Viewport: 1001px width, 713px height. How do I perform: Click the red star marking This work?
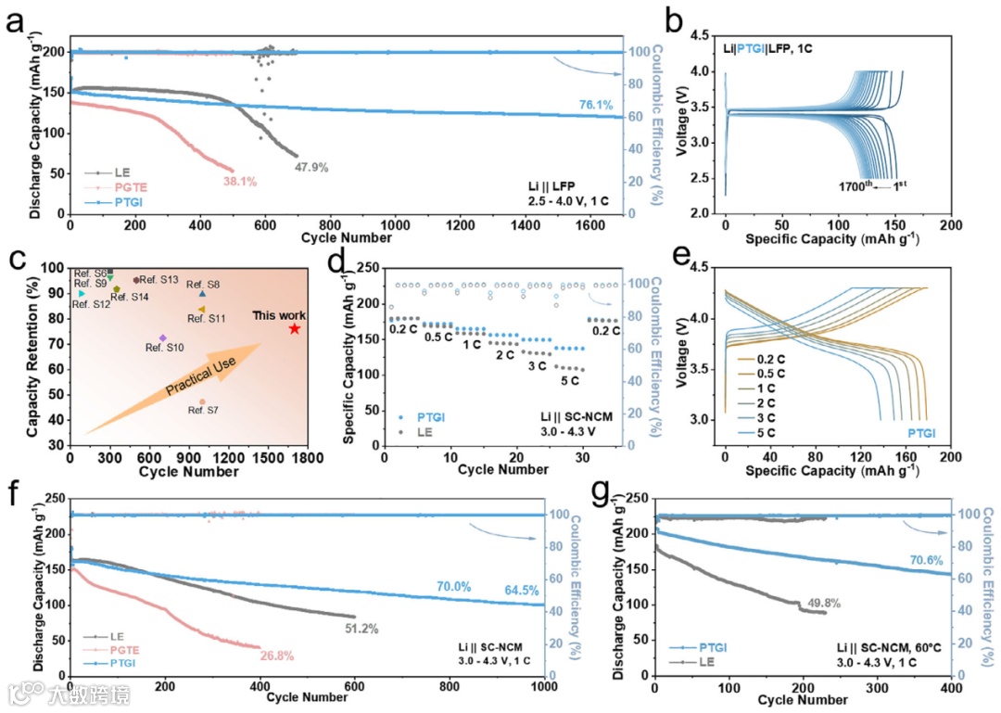(295, 329)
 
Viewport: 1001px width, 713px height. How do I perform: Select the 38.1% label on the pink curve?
(240, 181)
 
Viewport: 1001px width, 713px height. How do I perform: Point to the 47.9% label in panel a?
(312, 168)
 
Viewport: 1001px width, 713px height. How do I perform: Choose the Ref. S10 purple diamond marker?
(163, 338)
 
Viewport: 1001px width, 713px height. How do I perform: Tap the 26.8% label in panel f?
(276, 656)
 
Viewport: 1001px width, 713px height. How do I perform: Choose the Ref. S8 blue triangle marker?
(202, 294)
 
